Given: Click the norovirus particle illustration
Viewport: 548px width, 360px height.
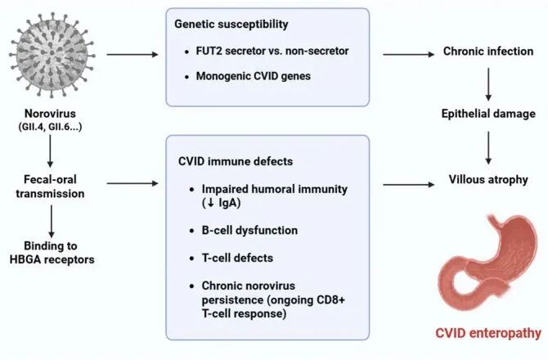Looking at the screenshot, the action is click(x=52, y=55).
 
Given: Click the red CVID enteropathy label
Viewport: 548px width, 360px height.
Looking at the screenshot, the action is click(x=488, y=333).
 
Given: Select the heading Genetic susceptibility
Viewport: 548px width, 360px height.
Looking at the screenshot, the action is click(x=231, y=24).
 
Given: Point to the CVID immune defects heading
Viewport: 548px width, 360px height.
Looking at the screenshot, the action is click(x=236, y=161).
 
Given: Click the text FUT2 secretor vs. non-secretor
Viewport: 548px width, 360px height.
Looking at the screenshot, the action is click(x=272, y=51).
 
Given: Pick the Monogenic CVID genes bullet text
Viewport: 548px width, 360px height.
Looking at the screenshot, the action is click(x=254, y=76).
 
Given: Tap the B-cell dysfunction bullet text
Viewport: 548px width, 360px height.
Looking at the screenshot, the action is click(x=250, y=231).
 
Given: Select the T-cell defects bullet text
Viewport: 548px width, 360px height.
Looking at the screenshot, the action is click(x=238, y=258).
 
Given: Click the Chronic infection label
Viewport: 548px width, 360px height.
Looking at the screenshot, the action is click(x=488, y=52).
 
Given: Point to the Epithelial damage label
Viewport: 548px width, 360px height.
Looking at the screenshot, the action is click(x=488, y=114).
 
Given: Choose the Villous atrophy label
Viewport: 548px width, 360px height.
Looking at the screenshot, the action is click(x=488, y=180).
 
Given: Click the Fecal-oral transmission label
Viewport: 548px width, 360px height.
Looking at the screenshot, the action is click(x=50, y=187).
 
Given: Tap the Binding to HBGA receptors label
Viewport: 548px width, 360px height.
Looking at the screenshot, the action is click(x=52, y=253).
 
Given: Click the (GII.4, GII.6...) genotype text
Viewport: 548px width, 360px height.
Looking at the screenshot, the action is click(x=50, y=127).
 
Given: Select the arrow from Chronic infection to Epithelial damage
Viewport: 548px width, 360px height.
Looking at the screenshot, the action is click(x=488, y=84).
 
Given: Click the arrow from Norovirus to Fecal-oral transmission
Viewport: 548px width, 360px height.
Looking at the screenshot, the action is click(x=50, y=151).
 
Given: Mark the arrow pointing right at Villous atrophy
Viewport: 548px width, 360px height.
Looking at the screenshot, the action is click(x=409, y=185).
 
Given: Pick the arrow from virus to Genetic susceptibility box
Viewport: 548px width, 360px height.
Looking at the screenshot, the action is click(x=133, y=55).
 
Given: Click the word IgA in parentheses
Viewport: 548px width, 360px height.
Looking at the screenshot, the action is click(x=228, y=203).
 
